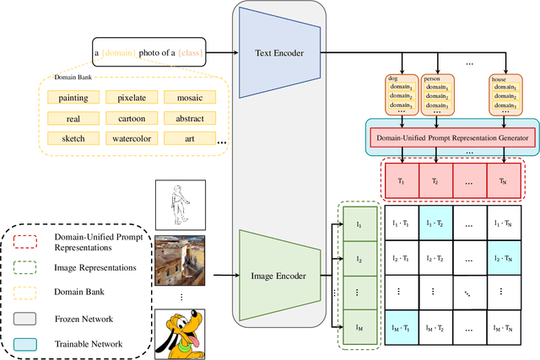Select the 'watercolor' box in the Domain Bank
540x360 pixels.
click(126, 137)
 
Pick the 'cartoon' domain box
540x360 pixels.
click(126, 117)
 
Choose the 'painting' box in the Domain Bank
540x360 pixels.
click(67, 97)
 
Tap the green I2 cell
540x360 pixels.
click(357, 260)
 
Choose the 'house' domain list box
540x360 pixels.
click(505, 94)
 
